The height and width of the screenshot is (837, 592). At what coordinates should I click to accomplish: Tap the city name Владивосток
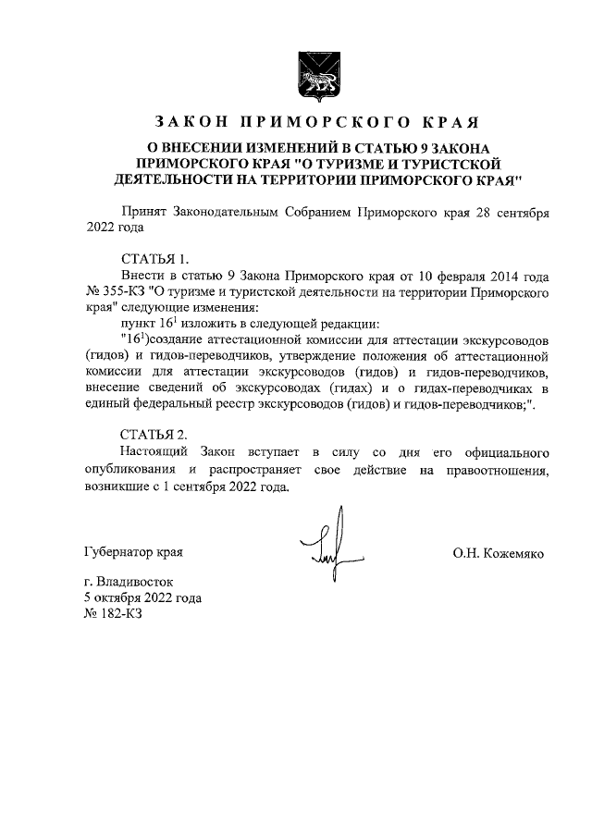pyautogui.click(x=141, y=583)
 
